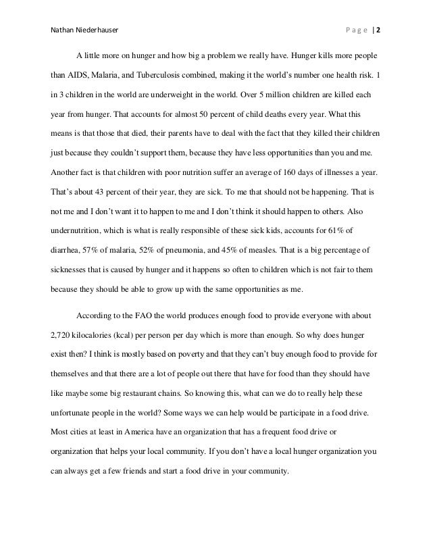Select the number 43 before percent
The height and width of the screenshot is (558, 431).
(109, 192)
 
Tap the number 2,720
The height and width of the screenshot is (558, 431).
(64, 334)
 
